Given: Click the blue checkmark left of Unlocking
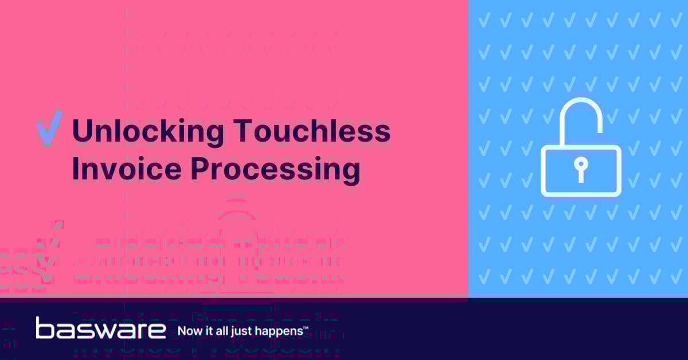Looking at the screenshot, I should coord(49,132).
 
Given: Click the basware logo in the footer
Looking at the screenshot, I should coord(101,328).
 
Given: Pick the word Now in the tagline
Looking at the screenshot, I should coord(189,331).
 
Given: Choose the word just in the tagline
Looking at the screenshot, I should coord(240,331).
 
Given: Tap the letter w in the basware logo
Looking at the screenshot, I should coord(102,330).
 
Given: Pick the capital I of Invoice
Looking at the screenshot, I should coord(75,169).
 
